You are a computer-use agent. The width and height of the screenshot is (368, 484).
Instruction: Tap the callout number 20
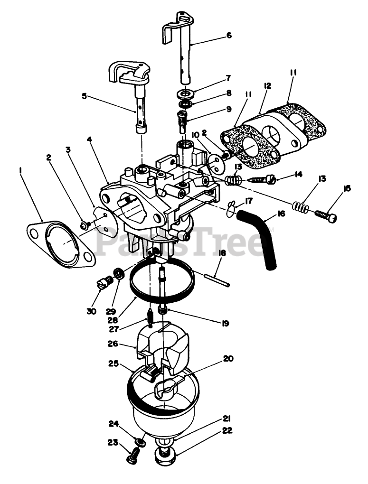(228, 359)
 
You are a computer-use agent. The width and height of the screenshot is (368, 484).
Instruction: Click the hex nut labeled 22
(166, 458)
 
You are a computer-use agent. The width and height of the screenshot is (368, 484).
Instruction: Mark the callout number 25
(113, 364)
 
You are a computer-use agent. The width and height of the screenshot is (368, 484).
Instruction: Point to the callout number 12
(267, 86)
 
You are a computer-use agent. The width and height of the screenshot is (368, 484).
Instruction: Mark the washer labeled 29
(118, 274)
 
